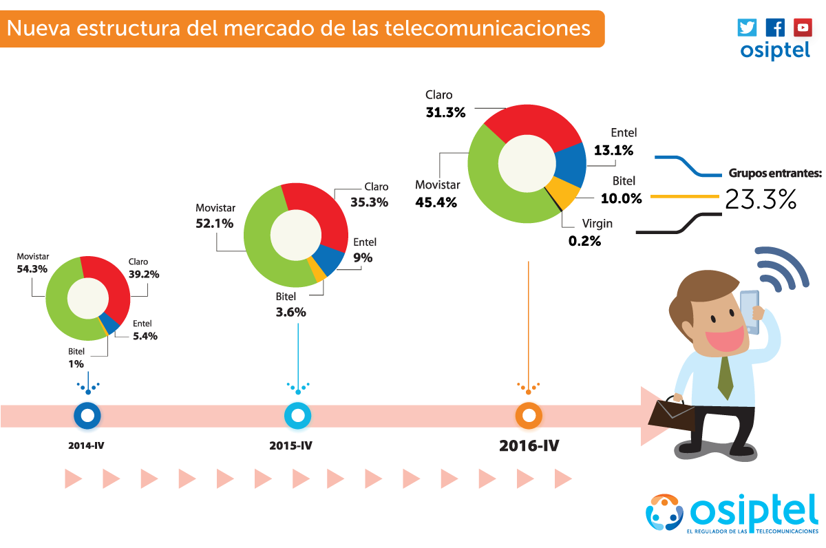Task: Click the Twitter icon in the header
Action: (x=747, y=28)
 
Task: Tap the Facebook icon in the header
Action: (x=774, y=28)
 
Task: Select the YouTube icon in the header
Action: (x=802, y=28)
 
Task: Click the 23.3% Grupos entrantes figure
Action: (x=761, y=200)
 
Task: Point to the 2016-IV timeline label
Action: (x=529, y=445)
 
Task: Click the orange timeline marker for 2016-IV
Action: (x=529, y=415)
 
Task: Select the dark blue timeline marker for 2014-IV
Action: (x=87, y=415)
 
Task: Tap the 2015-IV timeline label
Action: (x=290, y=445)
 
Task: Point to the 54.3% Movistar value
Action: (x=32, y=269)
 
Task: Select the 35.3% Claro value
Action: (x=369, y=202)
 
